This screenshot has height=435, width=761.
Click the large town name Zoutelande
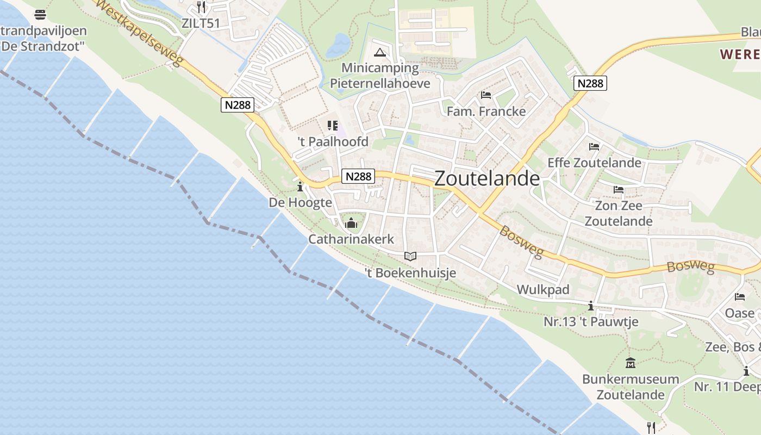point(487,179)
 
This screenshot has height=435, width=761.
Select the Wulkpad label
point(543,290)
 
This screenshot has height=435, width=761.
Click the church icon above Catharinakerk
point(351,223)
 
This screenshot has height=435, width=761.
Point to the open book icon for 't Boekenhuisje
point(410,256)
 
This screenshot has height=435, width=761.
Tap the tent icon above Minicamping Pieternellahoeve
point(380,53)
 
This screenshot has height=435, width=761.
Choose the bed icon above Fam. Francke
point(486,95)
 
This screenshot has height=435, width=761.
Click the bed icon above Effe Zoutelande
point(594,147)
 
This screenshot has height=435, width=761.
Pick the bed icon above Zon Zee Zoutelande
point(619,190)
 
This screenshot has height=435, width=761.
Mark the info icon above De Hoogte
point(300,187)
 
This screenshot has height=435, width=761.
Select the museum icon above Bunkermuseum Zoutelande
point(631,363)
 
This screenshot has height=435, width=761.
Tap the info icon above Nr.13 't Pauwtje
point(591,306)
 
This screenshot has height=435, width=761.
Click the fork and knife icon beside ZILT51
point(202,7)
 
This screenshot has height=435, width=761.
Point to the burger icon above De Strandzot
point(40,14)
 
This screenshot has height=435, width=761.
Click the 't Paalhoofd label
point(333,142)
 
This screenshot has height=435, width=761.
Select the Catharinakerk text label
point(351,239)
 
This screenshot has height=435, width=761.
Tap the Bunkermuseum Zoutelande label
point(631,387)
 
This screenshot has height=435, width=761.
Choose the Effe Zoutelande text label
point(594,163)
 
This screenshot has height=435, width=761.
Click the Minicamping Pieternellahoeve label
point(380,76)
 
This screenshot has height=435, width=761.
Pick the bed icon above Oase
point(740,297)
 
